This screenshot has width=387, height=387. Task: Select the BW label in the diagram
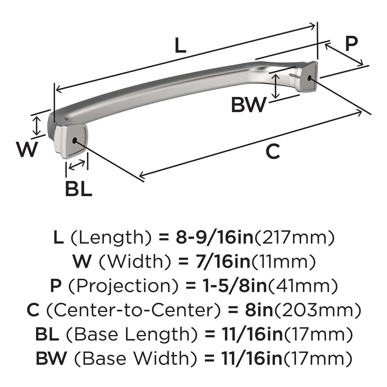[x=249, y=105]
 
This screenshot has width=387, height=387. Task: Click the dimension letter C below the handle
[x=273, y=152]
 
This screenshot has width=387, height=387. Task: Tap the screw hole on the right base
[x=309, y=78]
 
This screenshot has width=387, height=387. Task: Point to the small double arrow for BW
[x=275, y=86]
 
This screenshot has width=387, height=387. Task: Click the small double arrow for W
[x=37, y=125]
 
